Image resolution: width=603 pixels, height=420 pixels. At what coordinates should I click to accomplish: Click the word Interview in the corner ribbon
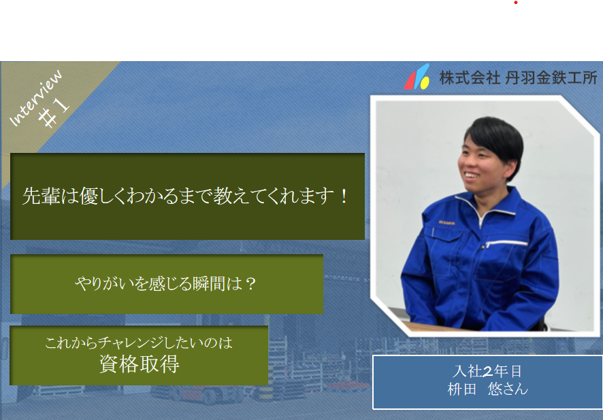36,98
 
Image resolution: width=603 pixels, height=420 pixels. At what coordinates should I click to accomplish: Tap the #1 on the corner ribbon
54,111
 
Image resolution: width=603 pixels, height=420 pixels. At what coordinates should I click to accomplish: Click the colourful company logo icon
417,77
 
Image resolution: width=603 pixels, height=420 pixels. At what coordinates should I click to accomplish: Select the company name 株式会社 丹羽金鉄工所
518,78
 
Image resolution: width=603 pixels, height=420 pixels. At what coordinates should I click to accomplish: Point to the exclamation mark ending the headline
344,196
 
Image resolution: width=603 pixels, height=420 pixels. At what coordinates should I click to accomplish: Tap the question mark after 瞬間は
250,284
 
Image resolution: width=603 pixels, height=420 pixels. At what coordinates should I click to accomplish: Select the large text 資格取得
140,364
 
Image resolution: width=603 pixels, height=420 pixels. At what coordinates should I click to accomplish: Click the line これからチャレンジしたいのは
139,343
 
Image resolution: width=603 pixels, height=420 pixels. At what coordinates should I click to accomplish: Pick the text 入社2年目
487,371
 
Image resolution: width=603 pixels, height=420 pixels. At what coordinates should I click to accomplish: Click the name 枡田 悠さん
487,389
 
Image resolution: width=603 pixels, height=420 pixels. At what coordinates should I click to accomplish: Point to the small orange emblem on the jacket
446,222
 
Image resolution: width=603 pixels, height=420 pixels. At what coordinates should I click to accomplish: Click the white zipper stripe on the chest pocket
507,243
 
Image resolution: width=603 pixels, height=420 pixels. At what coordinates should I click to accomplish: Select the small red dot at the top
516,3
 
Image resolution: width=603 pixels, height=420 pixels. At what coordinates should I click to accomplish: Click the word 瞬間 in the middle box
209,284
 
